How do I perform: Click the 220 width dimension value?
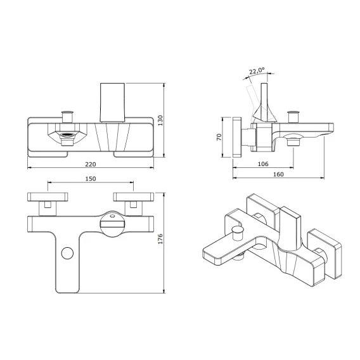(x=91, y=164)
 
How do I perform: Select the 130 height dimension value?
(x=160, y=120)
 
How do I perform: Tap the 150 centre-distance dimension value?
(x=91, y=179)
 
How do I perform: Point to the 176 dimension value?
(x=160, y=239)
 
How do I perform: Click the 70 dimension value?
(x=219, y=137)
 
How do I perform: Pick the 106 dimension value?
(x=263, y=164)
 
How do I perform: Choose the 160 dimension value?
(x=278, y=174)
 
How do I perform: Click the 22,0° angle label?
(x=257, y=71)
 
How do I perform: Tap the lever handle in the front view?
(x=113, y=103)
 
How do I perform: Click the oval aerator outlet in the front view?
(x=68, y=135)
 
